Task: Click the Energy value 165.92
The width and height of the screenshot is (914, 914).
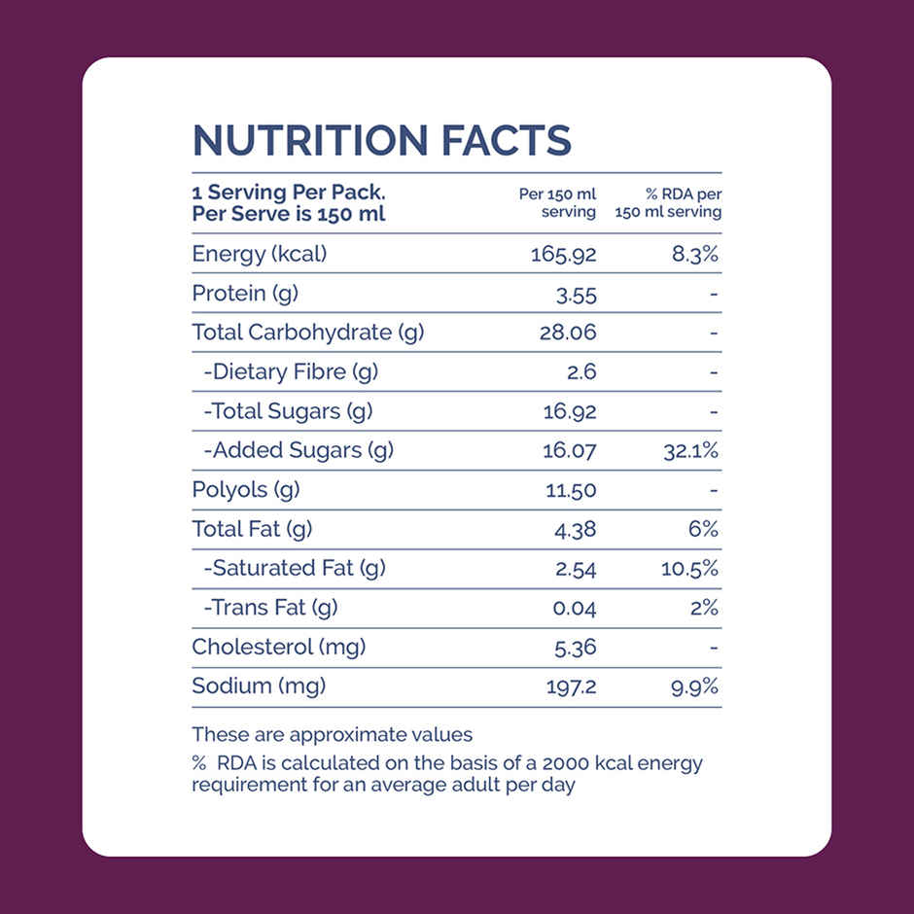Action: [563, 255]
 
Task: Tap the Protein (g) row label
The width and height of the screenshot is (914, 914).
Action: [245, 294]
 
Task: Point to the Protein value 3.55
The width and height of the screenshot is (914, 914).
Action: [577, 295]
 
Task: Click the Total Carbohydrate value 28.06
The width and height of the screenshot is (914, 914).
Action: [568, 334]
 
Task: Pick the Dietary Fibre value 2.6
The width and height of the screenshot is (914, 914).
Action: [581, 372]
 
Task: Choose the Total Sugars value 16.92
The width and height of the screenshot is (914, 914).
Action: [570, 411]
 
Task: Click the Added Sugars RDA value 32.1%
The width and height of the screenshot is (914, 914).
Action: [690, 451]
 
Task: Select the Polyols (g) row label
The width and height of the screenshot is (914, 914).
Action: [245, 490]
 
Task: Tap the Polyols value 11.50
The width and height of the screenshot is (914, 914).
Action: [571, 490]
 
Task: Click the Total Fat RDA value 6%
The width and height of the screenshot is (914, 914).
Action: [704, 529]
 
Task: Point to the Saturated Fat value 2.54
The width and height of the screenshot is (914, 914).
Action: [576, 569]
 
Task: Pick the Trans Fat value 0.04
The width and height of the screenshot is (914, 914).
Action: [574, 609]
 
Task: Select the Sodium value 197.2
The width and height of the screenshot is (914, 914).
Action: [572, 686]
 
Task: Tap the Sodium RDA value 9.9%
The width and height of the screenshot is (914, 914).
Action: [694, 686]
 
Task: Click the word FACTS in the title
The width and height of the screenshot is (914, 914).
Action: [507, 141]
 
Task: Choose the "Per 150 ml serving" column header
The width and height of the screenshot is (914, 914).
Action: [557, 202]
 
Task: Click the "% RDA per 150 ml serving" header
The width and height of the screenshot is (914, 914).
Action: [669, 202]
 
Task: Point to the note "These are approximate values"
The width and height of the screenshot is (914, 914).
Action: [332, 734]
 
